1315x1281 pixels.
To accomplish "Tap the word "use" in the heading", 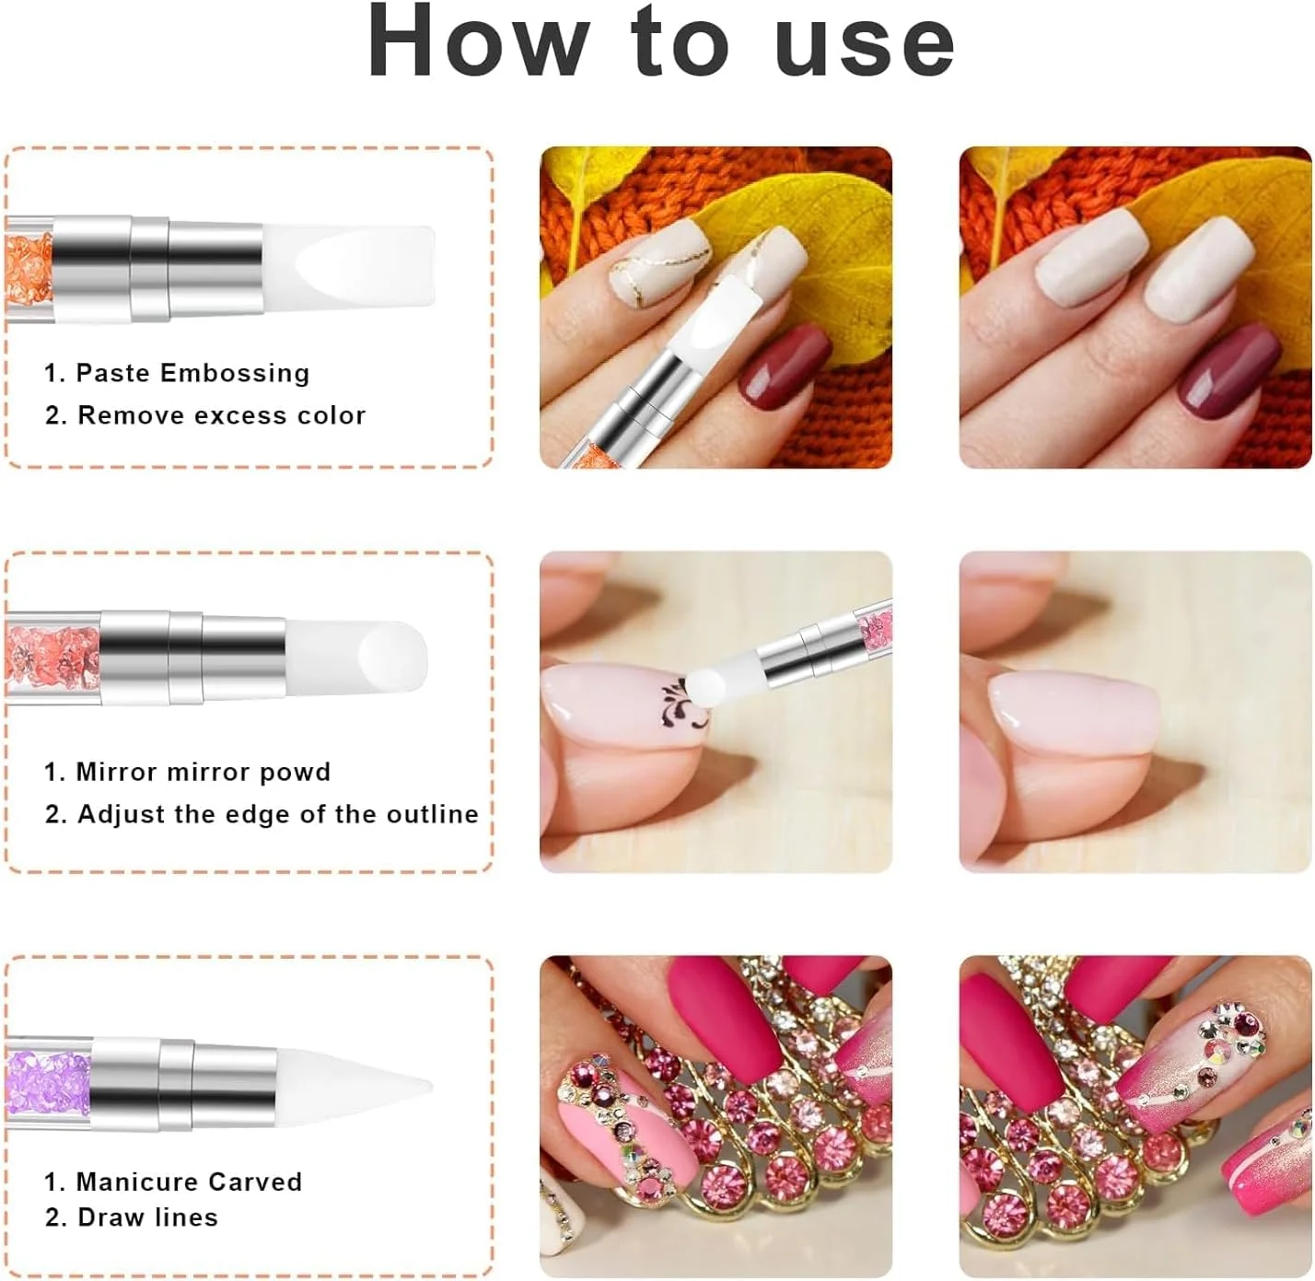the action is click(866, 47).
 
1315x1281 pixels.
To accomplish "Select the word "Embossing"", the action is click(235, 373).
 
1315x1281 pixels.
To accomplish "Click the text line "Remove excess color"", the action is click(222, 414).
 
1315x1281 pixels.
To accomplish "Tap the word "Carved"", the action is click(255, 1182).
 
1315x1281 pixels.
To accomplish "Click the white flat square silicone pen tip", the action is click(348, 268).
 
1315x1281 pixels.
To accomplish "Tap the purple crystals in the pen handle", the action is click(47, 1083).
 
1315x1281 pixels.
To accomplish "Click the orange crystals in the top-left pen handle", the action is click(29, 269).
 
